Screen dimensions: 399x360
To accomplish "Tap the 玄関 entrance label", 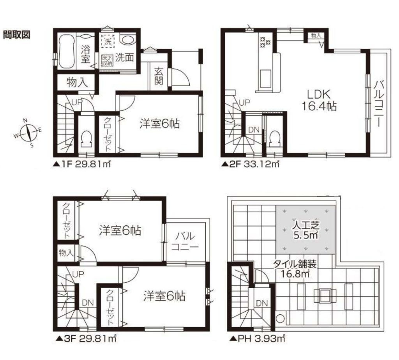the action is tap(159, 76).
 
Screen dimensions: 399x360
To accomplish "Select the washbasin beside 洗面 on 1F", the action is tap(128, 40).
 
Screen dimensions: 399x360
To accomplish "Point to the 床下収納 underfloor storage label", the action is tap(108, 60).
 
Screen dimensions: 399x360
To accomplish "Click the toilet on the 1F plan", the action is tap(86, 139).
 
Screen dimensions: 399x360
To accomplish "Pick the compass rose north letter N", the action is tap(25, 120).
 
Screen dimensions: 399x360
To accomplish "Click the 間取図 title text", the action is tap(16, 34).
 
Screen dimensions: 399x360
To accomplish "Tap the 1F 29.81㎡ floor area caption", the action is tap(82, 164).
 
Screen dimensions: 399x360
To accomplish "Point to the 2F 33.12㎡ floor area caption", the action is tap(251, 164).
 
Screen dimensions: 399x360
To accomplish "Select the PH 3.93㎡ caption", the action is tap(257, 339).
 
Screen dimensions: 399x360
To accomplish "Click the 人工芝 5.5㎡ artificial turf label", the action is tap(305, 230).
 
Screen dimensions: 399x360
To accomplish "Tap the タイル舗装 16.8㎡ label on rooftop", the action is tap(295, 269).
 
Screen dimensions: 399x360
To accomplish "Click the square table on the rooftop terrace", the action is tap(325, 296).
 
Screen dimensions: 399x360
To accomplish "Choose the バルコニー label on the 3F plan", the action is tap(185, 241).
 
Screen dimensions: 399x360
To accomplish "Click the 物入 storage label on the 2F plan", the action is tap(316, 35).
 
